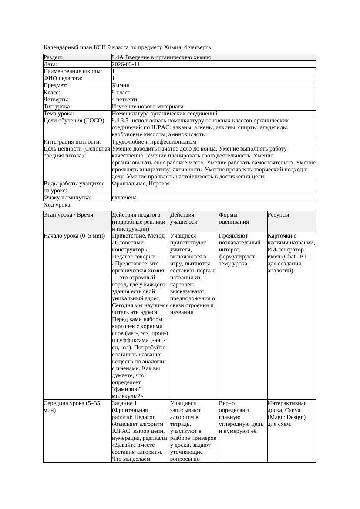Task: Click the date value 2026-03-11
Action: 126,64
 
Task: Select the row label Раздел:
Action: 53,57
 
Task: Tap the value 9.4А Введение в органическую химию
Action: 161,57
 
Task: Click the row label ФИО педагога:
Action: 63,78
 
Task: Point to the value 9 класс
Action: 121,93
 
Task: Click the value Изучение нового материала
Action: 148,107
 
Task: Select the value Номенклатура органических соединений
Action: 165,114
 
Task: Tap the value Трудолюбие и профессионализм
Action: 154,142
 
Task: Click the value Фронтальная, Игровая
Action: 141,184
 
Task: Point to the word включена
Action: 124,198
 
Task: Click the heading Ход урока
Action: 57,205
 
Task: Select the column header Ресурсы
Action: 278,215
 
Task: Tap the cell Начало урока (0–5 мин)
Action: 74,236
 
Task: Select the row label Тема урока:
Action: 59,114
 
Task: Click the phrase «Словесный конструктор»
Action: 131,246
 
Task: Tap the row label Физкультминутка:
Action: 67,198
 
